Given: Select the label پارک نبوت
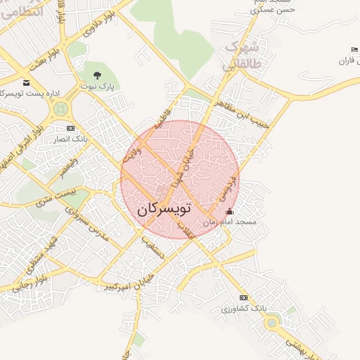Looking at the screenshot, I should [100, 86].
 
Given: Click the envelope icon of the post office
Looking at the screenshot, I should [26, 82].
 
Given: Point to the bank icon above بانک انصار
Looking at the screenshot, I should [70, 129].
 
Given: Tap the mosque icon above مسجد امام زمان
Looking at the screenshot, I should [229, 212].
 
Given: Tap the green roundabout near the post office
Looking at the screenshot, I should [60, 108].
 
